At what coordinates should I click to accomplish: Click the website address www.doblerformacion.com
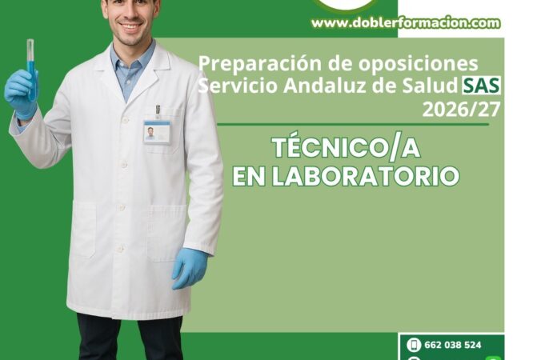406,23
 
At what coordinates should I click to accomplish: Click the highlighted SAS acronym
481,86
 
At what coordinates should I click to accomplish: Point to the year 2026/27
461,110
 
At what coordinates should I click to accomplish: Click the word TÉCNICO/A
347,148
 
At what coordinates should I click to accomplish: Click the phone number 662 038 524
453,345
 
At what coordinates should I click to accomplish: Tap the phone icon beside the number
414,345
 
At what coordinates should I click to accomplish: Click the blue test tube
31,70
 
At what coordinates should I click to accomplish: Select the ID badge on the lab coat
157,132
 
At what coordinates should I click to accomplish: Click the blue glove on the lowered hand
189,268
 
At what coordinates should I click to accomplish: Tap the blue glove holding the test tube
21,94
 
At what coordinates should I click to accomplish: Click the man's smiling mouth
131,26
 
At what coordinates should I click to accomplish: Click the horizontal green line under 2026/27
353,125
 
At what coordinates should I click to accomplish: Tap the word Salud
430,86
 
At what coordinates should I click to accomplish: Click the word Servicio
238,86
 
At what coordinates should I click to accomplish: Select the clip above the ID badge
158,111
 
